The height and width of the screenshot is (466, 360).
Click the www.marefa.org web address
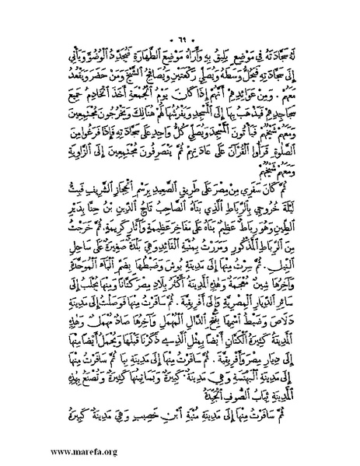[x=51, y=450]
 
